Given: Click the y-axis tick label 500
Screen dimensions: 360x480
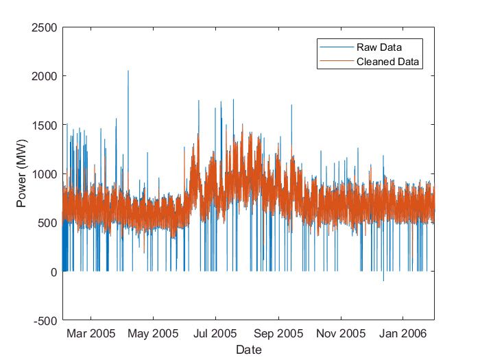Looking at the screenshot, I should pos(47,223).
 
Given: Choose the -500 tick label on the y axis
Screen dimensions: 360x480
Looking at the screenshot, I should pos(46,321).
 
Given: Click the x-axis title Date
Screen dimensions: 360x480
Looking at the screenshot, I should pos(248,349).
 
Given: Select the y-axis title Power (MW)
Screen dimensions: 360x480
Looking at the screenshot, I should pos(23,174).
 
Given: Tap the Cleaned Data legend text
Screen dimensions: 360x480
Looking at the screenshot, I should pos(387,62).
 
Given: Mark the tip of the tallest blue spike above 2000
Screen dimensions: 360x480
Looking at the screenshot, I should pos(128,71).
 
